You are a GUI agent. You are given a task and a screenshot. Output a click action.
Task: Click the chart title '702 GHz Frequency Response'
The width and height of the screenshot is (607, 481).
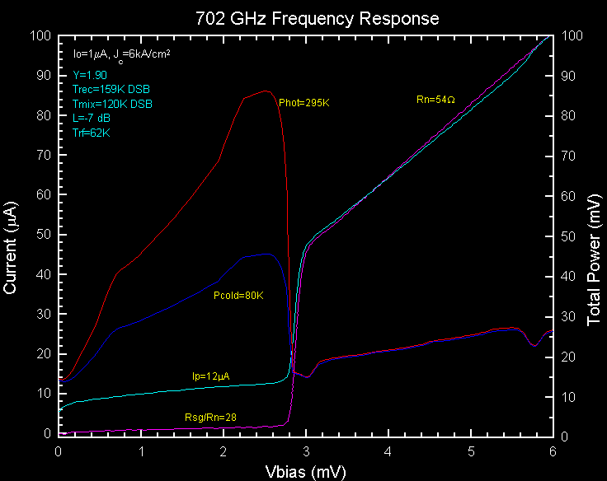(x=317, y=17)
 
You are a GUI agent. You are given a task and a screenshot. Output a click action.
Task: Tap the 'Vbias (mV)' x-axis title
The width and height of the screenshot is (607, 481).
(x=307, y=472)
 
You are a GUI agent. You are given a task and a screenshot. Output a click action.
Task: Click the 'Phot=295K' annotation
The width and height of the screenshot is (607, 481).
(x=304, y=103)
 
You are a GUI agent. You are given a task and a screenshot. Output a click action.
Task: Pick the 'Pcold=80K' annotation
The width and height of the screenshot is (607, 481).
(x=238, y=295)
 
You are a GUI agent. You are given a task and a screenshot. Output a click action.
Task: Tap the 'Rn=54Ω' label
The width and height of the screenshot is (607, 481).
(x=435, y=100)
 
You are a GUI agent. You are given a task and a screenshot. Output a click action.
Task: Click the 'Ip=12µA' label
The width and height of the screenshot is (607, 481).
(x=210, y=376)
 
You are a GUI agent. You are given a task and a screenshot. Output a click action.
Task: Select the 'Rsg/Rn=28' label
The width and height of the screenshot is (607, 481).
(x=209, y=417)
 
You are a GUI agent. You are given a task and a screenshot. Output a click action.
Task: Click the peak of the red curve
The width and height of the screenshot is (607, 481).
(x=265, y=91)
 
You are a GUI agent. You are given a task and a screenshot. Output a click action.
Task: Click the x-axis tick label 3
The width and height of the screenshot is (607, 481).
(x=306, y=451)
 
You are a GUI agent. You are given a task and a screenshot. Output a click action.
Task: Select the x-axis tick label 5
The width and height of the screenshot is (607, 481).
(x=471, y=451)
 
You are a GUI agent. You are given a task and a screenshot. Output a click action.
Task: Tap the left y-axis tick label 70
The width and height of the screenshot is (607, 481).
(x=40, y=155)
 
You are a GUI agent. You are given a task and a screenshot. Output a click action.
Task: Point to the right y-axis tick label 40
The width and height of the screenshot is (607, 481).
(x=568, y=275)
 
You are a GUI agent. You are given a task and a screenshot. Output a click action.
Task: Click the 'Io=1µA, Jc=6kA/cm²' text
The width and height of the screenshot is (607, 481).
(x=121, y=54)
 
